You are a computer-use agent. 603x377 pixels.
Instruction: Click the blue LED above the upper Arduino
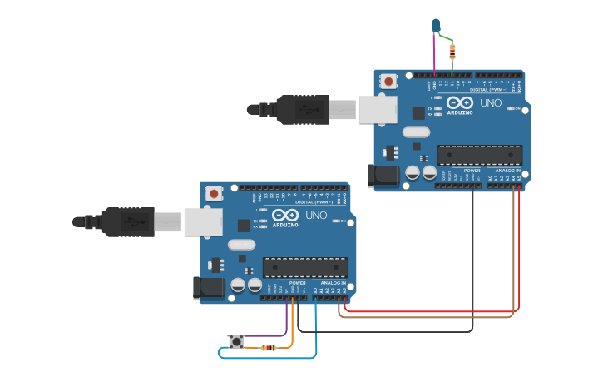coord(435,26)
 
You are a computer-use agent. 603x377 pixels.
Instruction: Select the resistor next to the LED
coord(452,52)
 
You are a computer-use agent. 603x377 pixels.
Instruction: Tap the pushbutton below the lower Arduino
coord(236,341)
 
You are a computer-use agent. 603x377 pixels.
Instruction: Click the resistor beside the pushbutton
coord(269,347)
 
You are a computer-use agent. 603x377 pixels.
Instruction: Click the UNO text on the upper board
coord(491,102)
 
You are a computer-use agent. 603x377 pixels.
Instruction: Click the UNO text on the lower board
coord(316,215)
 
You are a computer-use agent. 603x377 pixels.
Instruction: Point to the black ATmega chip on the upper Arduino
coord(480,155)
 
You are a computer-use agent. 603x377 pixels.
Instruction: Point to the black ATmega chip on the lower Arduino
coord(305,267)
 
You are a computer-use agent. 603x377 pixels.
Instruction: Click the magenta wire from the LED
coord(433,54)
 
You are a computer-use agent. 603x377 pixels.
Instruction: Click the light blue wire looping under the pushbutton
coord(266,358)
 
